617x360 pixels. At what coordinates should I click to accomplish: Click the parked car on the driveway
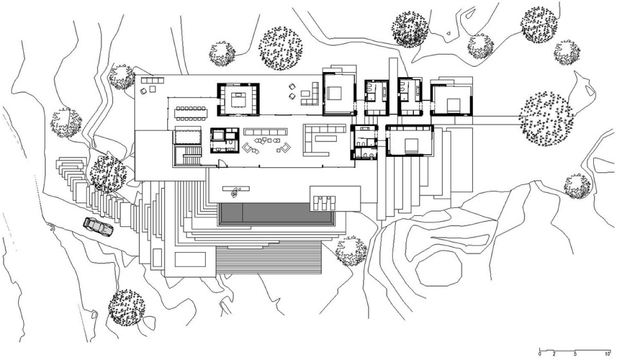(98, 227)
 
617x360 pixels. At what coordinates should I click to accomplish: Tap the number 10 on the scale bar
(607, 353)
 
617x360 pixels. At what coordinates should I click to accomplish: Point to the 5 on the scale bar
(575, 353)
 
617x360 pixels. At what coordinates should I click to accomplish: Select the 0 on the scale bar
(540, 353)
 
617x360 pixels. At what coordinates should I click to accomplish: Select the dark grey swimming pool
(276, 213)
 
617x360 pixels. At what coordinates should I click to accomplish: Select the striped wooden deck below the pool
(269, 260)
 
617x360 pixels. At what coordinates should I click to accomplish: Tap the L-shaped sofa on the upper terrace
(310, 94)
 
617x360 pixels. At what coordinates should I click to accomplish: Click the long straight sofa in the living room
(264, 131)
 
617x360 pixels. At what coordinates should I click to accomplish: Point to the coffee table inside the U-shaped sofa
(325, 138)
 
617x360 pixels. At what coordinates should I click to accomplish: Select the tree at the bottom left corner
(127, 308)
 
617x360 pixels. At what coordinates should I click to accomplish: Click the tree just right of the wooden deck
(352, 251)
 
